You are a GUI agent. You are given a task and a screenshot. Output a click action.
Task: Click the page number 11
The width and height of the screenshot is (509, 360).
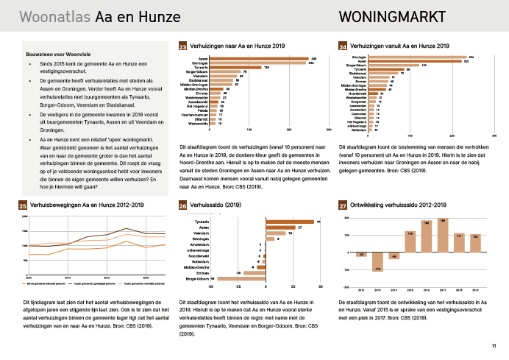(494, 346)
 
